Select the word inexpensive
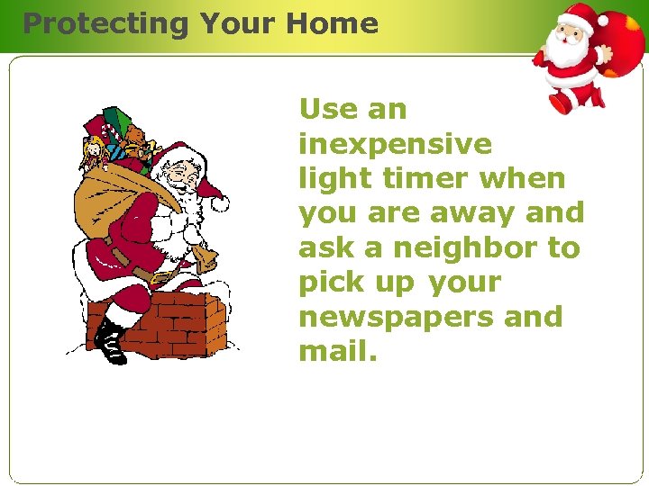tap(395, 144)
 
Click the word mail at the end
tap(333, 351)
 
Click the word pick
tap(329, 283)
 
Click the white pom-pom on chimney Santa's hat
tap(220, 203)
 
